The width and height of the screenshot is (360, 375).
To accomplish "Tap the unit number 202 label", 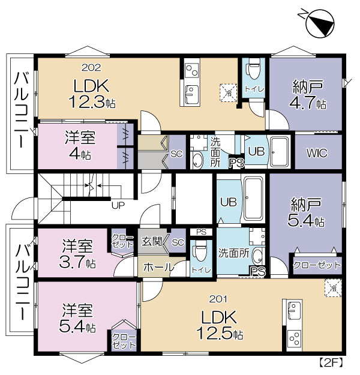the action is click(x=91, y=68).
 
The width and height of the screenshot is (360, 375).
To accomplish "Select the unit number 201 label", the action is click(x=218, y=299).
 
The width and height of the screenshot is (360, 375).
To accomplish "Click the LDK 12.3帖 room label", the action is click(x=92, y=94).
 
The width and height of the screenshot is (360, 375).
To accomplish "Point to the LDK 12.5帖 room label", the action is click(x=220, y=325).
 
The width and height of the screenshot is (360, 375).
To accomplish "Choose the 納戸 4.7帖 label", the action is click(x=308, y=95).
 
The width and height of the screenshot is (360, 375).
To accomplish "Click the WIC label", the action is click(x=317, y=153).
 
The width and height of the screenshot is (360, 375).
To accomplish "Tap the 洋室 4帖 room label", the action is click(x=80, y=145).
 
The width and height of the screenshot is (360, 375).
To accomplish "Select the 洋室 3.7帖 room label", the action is click(x=77, y=254).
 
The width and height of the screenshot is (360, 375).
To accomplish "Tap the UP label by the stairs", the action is click(x=118, y=205).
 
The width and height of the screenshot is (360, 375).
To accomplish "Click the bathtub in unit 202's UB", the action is click(x=279, y=152).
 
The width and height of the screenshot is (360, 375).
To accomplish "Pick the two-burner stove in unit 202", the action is click(x=192, y=71).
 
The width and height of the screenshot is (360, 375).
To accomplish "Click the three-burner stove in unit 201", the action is click(x=294, y=338).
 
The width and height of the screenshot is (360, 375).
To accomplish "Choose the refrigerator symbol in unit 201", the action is click(x=333, y=288).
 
